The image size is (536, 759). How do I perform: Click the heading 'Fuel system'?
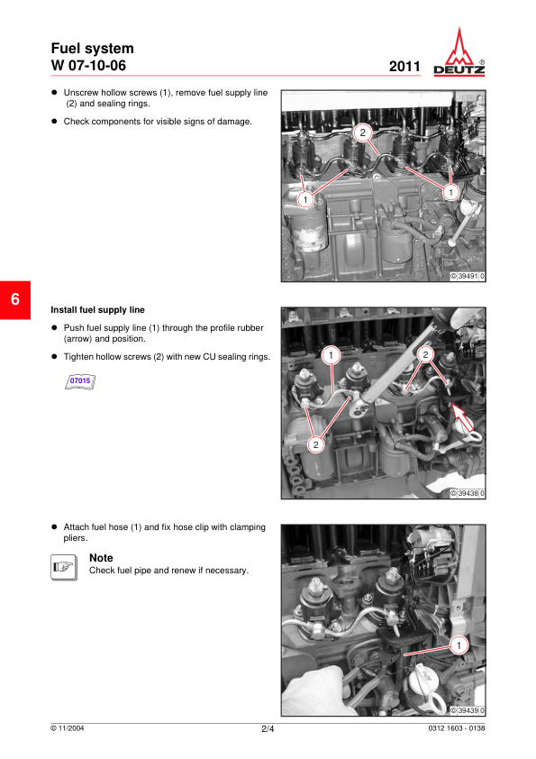click(93, 49)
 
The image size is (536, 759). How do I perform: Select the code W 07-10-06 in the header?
click(88, 66)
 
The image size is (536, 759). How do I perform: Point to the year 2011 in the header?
click(404, 67)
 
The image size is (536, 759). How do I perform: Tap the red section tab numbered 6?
click(15, 299)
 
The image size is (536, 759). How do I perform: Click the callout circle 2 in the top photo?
click(363, 133)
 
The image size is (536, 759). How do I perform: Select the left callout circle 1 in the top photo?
click(305, 199)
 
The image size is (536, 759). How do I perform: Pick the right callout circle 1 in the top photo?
click(450, 192)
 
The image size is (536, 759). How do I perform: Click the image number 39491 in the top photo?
click(468, 277)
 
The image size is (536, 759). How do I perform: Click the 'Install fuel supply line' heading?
click(97, 310)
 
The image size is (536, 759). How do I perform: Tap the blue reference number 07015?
click(80, 381)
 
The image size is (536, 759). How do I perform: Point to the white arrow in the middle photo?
click(462, 417)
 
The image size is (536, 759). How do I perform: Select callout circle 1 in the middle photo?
click(331, 355)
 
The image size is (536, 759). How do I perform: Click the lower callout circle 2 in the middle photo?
click(316, 444)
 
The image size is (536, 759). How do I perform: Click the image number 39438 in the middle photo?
click(468, 493)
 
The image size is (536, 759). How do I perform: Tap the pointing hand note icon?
click(64, 567)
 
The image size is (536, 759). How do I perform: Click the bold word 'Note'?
click(101, 558)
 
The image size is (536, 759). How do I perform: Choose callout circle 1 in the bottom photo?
click(459, 645)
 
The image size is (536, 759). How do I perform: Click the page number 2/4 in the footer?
click(268, 729)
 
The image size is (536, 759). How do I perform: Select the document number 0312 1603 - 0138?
click(457, 728)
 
